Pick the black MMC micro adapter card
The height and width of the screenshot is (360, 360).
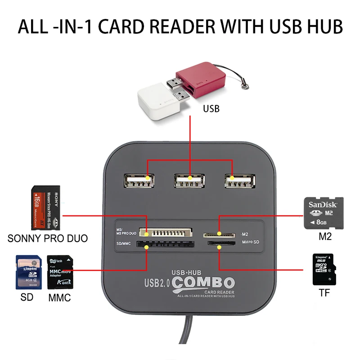tap(60, 273)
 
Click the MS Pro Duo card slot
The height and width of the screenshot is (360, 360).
tap(166, 233)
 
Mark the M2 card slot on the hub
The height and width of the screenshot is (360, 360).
tap(220, 234)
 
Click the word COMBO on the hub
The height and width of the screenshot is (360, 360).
tap(204, 283)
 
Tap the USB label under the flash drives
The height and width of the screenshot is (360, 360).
tap(211, 108)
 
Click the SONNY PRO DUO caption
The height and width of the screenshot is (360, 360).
tap(48, 238)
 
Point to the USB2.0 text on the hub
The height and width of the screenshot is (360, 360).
tap(157, 283)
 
